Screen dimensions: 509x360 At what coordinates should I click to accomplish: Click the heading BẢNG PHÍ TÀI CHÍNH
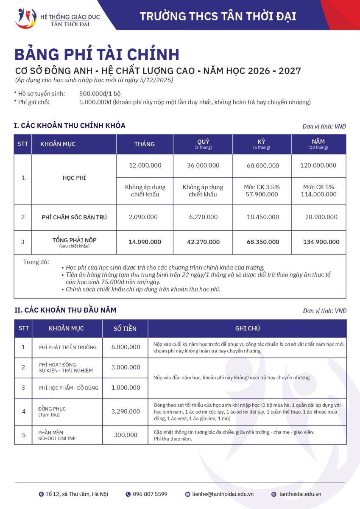click(x=97, y=55)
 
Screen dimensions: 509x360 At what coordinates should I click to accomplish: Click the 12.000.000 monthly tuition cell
click(x=145, y=165)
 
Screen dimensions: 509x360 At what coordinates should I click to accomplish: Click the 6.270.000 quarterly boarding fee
click(x=203, y=217)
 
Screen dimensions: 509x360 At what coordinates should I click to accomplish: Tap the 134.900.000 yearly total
click(x=321, y=242)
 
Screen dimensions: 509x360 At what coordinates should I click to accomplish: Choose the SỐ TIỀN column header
click(x=125, y=328)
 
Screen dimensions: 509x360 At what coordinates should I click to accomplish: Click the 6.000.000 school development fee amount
click(x=126, y=347)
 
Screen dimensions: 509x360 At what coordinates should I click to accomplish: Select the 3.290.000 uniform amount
click(x=126, y=411)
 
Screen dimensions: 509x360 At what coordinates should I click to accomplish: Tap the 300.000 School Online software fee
click(x=126, y=435)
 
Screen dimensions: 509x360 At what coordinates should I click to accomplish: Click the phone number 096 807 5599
click(x=150, y=494)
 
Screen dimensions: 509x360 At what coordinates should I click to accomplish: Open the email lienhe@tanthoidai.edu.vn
click(x=222, y=494)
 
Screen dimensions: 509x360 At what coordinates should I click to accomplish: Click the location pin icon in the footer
click(x=41, y=494)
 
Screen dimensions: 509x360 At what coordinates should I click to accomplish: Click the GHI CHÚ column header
click(x=247, y=328)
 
